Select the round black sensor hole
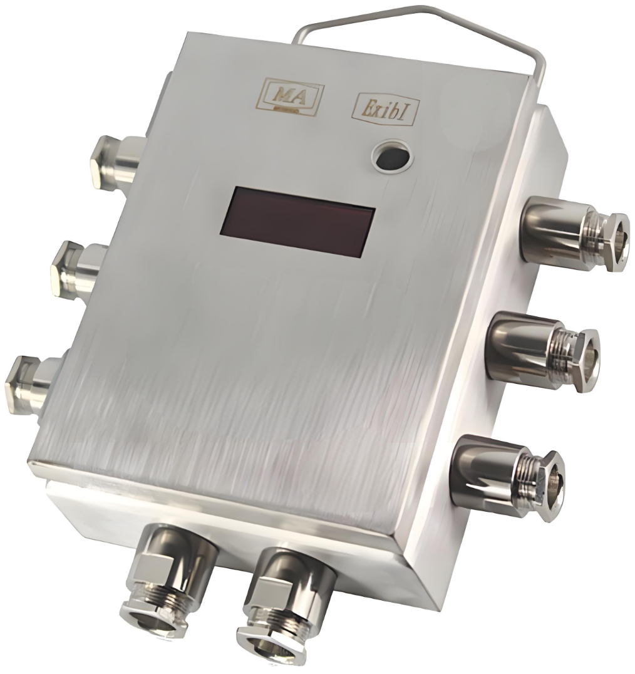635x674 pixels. point(393,158)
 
